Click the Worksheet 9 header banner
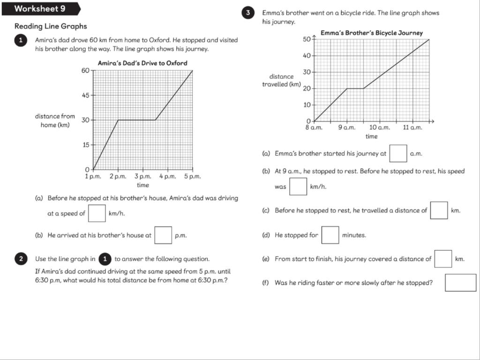pos(40,9)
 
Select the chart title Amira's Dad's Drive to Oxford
pos(142,63)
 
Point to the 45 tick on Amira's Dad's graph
pos(86,95)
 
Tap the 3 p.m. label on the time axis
pos(143,177)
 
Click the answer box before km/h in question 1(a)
pos(97,213)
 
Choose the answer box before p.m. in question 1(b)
pos(163,235)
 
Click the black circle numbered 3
pos(248,13)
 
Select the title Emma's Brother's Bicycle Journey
pos(371,33)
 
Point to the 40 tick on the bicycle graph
pos(307,56)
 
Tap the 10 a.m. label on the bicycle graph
pos(379,127)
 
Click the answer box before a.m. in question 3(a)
pos(398,153)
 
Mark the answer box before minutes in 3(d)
pos(330,235)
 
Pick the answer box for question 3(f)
pos(460,283)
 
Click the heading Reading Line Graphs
pos(51,27)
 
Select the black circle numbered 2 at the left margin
pos(21,259)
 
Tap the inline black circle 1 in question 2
pos(105,259)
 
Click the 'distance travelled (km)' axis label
pos(281,80)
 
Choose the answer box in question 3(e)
pos(443,259)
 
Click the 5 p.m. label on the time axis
pos(193,177)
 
